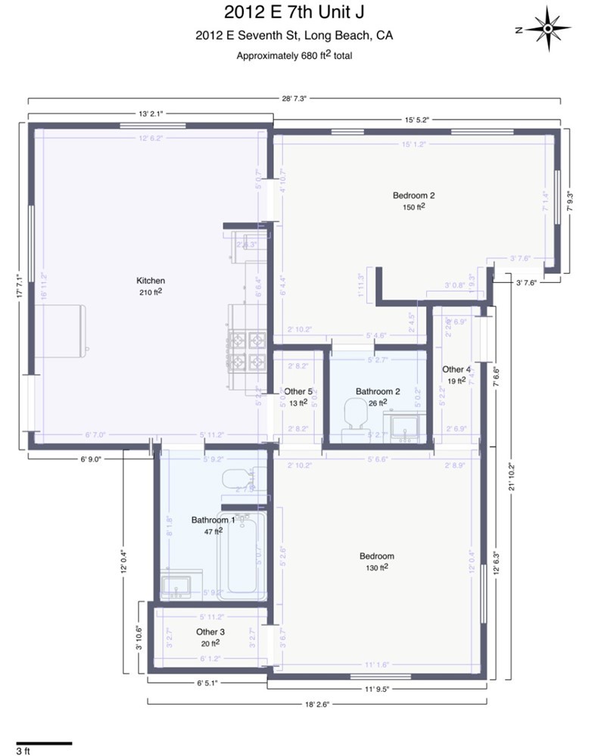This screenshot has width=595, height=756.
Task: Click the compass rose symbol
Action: [x=547, y=30]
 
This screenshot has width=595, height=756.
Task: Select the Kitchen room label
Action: [x=150, y=280]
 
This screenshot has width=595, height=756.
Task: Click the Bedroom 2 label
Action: [x=413, y=194]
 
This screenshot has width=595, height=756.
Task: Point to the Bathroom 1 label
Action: [x=213, y=520]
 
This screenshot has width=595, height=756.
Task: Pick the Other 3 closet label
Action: [x=210, y=631]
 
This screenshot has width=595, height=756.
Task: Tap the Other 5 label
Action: [x=299, y=391]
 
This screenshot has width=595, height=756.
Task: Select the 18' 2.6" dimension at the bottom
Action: [x=317, y=703]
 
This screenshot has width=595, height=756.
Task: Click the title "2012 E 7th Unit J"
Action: [x=294, y=11]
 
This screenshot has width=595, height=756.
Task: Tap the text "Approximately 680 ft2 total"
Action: [x=294, y=55]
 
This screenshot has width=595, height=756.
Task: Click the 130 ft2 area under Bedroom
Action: [x=376, y=567]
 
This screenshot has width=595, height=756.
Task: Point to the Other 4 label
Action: [x=456, y=369]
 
